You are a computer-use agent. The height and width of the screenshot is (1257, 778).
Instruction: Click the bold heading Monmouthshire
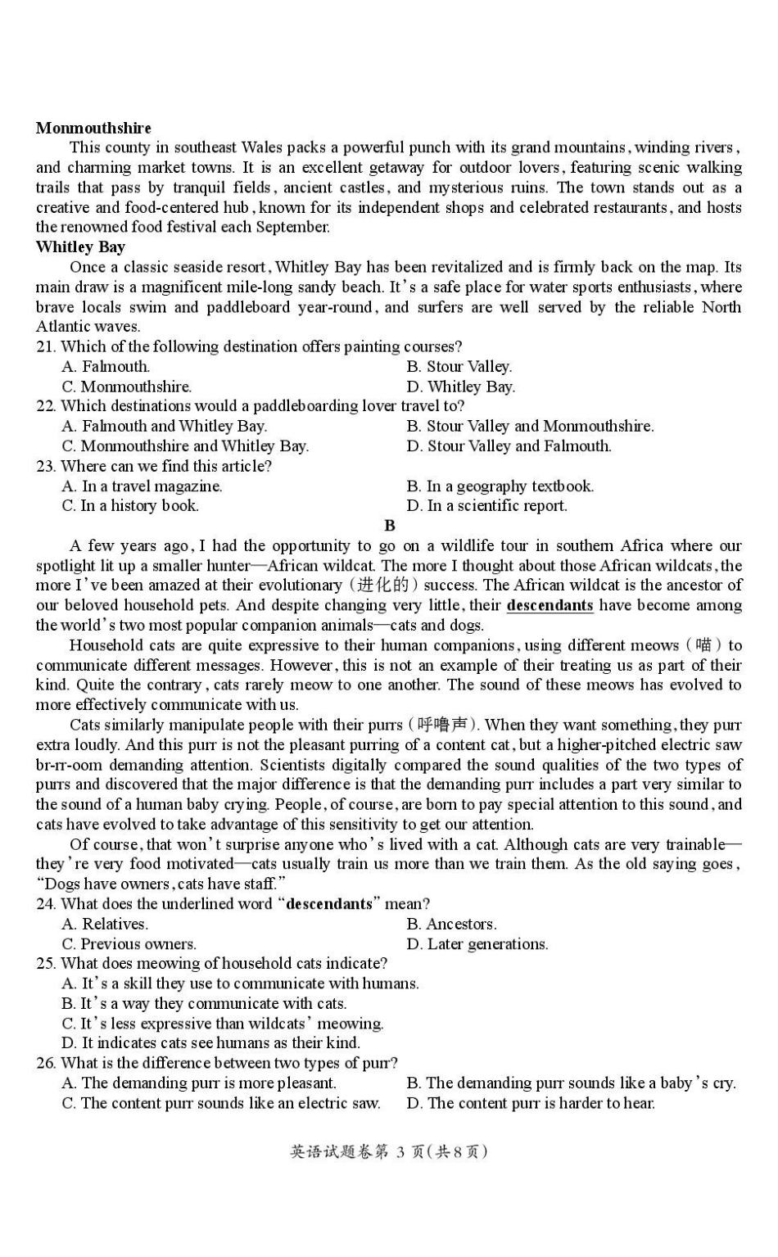point(93,128)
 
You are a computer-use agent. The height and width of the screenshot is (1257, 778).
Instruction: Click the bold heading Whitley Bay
point(80,247)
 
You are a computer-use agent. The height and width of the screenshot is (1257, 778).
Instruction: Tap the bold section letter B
point(389,526)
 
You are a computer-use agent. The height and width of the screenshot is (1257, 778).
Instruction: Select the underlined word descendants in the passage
point(550,606)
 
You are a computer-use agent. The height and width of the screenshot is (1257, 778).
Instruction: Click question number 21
point(46,346)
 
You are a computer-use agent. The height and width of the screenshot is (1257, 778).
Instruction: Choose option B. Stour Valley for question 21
point(459,367)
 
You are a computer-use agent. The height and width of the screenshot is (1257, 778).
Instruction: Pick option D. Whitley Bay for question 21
point(460,387)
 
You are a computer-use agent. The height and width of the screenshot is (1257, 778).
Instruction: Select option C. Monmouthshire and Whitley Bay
point(185,446)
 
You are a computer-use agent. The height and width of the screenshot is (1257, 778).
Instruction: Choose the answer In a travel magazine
point(142,486)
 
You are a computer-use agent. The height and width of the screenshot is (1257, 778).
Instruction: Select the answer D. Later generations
point(477,944)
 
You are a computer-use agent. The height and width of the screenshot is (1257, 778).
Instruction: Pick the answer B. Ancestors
point(451,925)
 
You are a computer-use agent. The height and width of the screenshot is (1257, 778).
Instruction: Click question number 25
point(46,964)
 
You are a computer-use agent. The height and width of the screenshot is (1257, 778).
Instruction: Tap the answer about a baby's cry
point(571,1083)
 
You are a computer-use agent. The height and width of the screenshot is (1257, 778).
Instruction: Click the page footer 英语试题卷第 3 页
point(389,1152)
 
